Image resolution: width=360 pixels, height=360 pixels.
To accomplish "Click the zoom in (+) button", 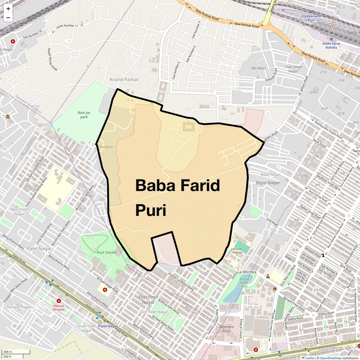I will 8,9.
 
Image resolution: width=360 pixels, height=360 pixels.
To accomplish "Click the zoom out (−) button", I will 8,17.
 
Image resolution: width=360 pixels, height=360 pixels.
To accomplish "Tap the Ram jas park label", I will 84,115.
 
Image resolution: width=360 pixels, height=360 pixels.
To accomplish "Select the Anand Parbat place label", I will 124,79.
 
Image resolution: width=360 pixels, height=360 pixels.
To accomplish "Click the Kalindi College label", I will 237,251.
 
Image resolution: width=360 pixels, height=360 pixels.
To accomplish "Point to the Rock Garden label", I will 107,252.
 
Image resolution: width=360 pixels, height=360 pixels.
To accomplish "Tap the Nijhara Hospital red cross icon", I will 58,301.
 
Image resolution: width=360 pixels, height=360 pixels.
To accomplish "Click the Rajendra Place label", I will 226,329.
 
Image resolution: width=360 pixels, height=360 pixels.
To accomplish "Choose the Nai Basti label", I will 258,68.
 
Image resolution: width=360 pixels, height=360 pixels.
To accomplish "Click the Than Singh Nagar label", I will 293,69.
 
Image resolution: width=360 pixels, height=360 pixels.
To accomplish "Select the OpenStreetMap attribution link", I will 330,358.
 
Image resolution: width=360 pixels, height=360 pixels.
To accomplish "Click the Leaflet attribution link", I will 310,358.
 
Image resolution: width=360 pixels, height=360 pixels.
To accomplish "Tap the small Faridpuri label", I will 106,147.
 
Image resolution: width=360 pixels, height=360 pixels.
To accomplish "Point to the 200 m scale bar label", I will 8,352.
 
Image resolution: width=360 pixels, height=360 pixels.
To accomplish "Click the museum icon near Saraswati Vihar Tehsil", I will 7,116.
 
